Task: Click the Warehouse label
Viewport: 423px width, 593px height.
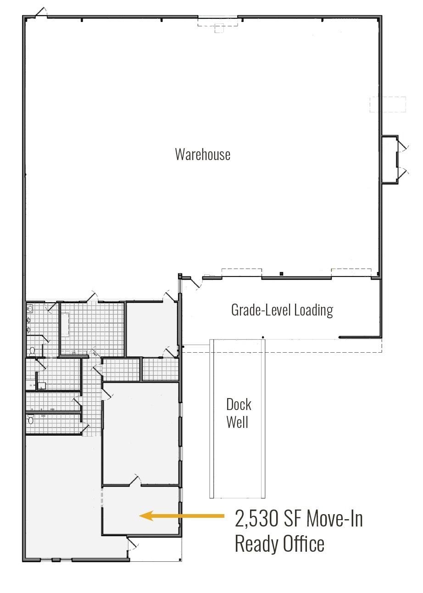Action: [202, 154]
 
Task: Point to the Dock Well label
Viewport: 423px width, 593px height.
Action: [239, 413]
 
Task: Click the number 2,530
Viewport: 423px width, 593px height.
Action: [257, 519]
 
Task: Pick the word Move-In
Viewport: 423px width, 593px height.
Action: [334, 519]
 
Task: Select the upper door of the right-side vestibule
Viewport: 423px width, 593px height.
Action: [402, 146]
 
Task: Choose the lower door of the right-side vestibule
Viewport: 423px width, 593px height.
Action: [402, 173]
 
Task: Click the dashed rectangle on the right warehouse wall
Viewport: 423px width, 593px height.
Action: [388, 104]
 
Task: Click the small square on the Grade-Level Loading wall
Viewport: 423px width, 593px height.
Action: [281, 274]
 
